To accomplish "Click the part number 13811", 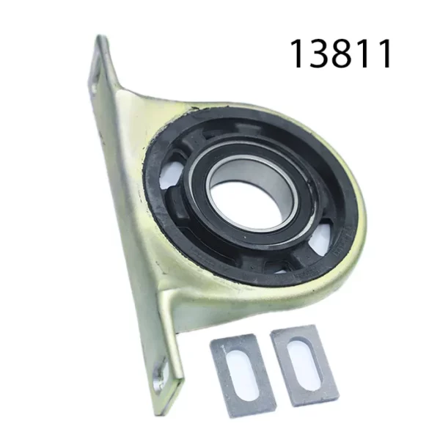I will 342,54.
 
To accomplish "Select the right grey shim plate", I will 303,364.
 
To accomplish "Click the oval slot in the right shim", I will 303,363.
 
